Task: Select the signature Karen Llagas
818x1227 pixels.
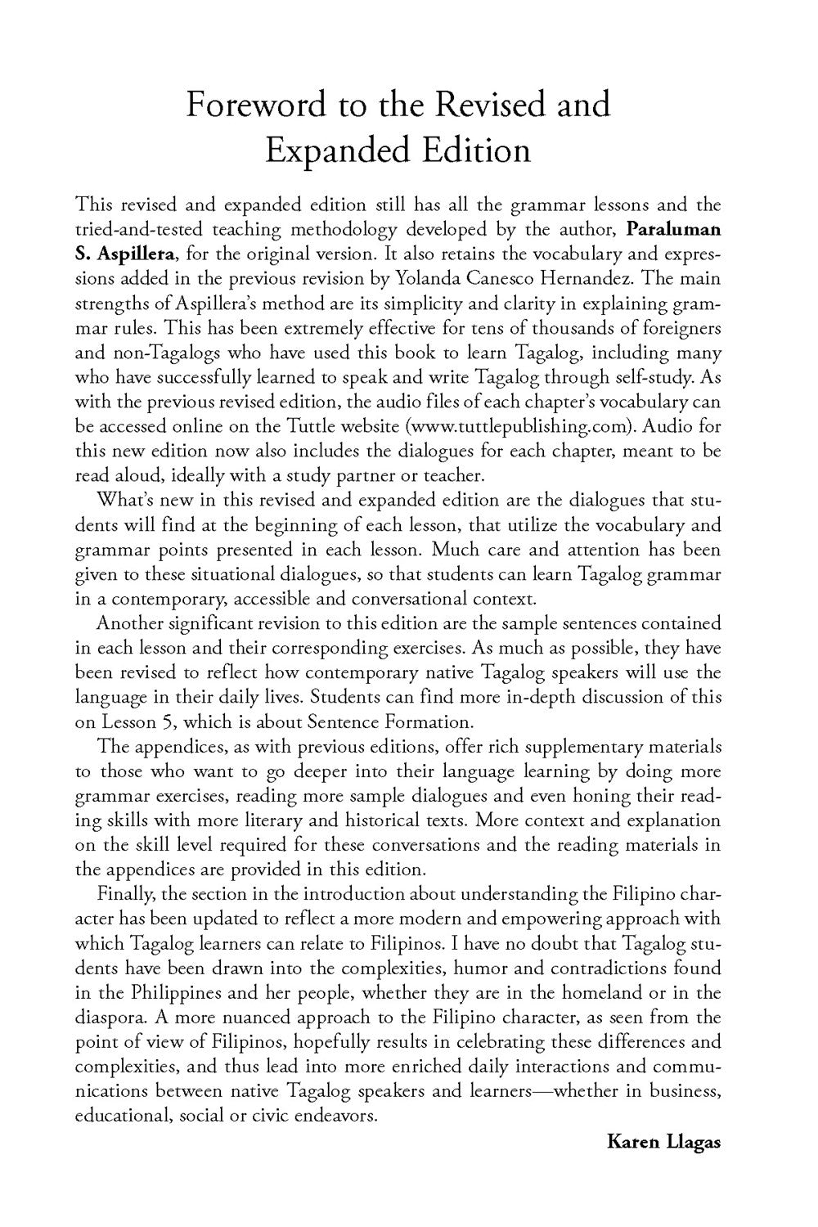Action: tap(663, 1141)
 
